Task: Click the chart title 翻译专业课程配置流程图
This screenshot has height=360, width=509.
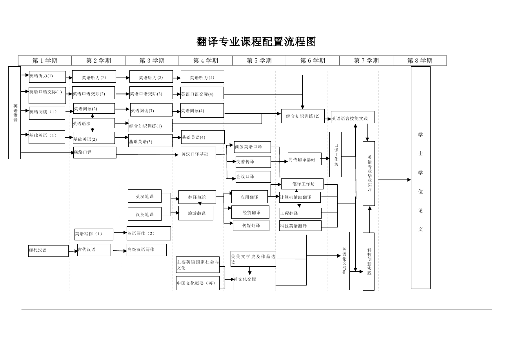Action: [x=256, y=42]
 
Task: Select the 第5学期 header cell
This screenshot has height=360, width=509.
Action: [x=259, y=60]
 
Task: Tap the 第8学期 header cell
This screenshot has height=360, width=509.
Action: [x=420, y=60]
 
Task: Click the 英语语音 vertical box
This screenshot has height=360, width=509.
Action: [x=15, y=113]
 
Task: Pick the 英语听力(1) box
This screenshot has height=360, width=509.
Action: [x=47, y=76]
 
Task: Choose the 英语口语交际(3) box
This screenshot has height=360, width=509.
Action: [x=151, y=93]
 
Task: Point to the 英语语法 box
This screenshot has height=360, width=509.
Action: [x=93, y=124]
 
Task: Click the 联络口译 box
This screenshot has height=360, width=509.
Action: [x=95, y=153]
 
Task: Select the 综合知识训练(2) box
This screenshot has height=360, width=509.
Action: [x=303, y=116]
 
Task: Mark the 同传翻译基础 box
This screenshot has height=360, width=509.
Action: [x=304, y=159]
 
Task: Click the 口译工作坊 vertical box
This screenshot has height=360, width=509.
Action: [x=335, y=155]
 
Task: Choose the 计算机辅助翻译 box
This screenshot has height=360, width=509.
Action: [x=300, y=197]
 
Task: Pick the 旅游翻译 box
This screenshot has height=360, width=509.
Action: [x=196, y=213]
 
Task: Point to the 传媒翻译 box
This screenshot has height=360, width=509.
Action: [x=251, y=225]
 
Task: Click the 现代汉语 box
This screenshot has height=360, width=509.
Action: [x=48, y=251]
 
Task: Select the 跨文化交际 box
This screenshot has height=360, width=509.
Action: [x=254, y=282]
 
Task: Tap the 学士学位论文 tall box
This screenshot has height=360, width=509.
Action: [x=420, y=178]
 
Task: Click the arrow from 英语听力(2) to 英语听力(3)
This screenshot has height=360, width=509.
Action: [x=122, y=78]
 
